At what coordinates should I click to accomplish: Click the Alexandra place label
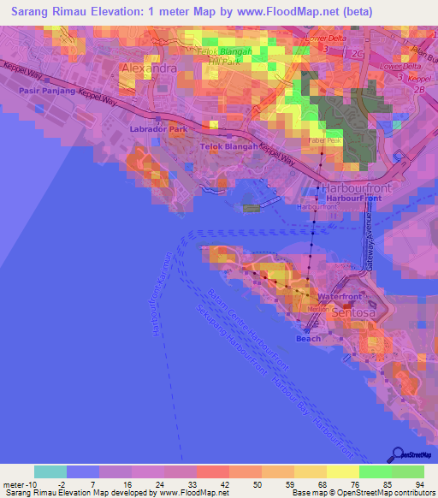click(x=150, y=67)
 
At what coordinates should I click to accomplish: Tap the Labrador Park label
click(x=158, y=129)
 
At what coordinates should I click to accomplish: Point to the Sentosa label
click(x=352, y=314)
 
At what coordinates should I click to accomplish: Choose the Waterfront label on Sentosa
click(x=334, y=296)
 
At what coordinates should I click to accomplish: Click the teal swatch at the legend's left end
click(x=50, y=471)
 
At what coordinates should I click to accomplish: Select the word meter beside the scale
click(x=15, y=483)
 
